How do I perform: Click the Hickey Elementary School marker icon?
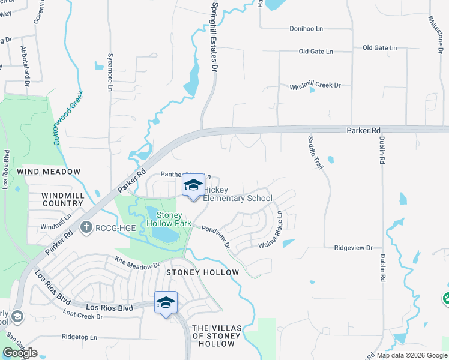[x=193, y=187]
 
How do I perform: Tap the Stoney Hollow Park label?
[x=173, y=219]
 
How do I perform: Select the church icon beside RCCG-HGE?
[x=86, y=227]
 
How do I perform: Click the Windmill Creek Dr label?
[x=315, y=85]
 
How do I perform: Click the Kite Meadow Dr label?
[x=137, y=262]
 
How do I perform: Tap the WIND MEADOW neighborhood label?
[x=49, y=172]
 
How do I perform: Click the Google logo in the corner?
[x=20, y=353]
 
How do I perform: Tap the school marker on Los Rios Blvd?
[x=166, y=304]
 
